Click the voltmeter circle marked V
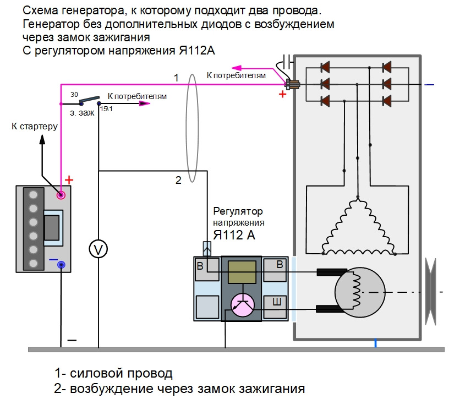click(98, 250)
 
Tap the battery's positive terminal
click(62, 194)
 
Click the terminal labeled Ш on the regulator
click(279, 302)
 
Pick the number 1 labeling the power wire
click(176, 78)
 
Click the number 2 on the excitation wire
click(178, 179)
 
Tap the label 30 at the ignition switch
click(74, 95)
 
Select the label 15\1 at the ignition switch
click(106, 110)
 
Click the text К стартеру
click(35, 127)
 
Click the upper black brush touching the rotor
click(330, 272)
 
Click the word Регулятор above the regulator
click(238, 211)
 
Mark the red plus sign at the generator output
click(283, 94)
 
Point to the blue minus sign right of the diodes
click(430, 85)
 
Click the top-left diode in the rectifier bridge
click(325, 67)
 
